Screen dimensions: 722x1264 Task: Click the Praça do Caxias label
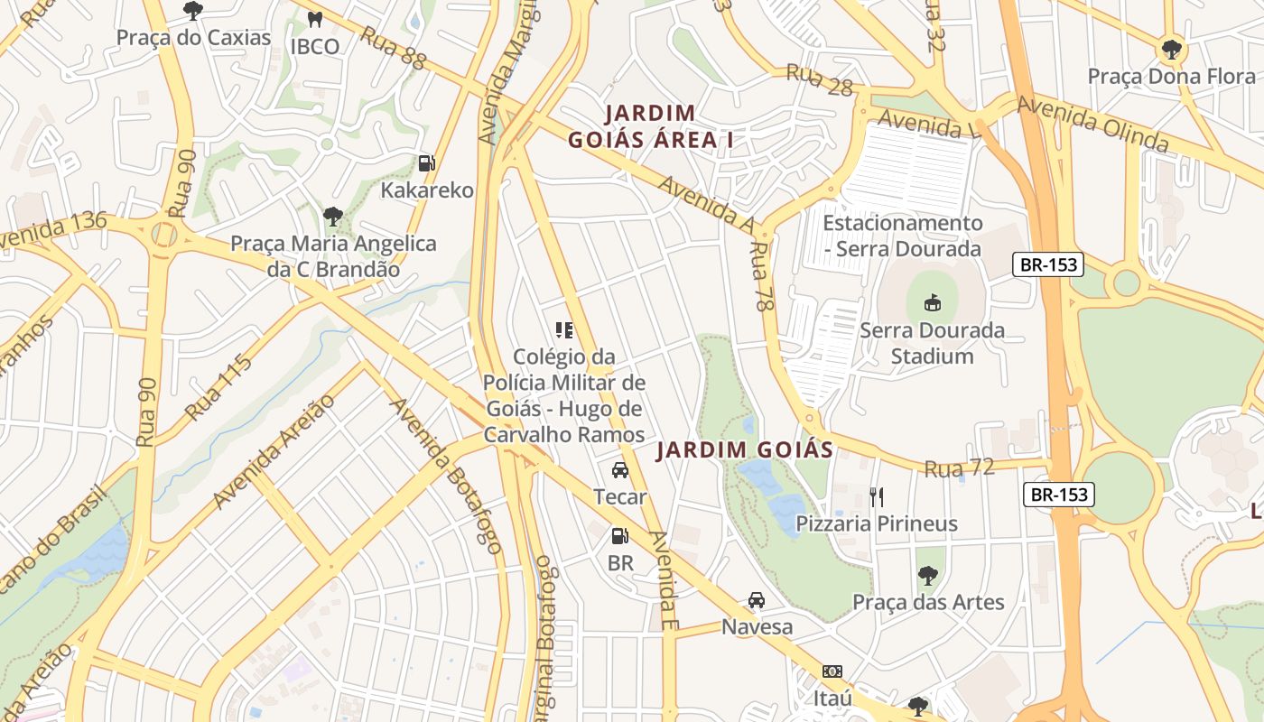pyautogui.click(x=193, y=38)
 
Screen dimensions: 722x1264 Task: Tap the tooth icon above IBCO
pyautogui.click(x=315, y=19)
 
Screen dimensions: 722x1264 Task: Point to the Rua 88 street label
pyautogui.click(x=393, y=48)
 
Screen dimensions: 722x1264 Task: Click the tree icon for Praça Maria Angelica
pyautogui.click(x=333, y=217)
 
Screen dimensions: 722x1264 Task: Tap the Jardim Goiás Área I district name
pyautogui.click(x=650, y=126)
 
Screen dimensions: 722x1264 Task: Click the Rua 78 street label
pyautogui.click(x=763, y=276)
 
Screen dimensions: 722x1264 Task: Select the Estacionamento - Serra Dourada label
pyautogui.click(x=902, y=236)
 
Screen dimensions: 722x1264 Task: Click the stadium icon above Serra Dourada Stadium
pyautogui.click(x=932, y=303)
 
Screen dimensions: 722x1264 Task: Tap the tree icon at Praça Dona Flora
pyautogui.click(x=1171, y=49)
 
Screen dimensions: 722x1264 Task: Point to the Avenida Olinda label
pyautogui.click(x=1092, y=123)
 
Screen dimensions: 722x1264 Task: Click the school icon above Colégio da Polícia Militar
pyautogui.click(x=564, y=330)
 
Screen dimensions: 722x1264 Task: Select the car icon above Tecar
pyautogui.click(x=619, y=470)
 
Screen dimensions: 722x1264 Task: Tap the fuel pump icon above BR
pyautogui.click(x=619, y=536)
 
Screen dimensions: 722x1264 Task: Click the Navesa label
pyautogui.click(x=757, y=626)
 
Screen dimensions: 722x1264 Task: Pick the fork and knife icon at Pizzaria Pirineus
pyautogui.click(x=876, y=496)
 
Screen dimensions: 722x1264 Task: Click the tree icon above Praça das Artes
pyautogui.click(x=927, y=575)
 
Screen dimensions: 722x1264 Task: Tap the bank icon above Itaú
pyautogui.click(x=832, y=671)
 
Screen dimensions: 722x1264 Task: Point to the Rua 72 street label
pyautogui.click(x=959, y=467)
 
